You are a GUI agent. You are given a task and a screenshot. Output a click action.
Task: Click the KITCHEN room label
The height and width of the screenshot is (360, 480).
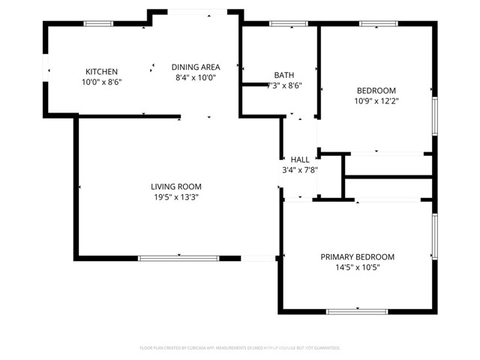click(101, 71)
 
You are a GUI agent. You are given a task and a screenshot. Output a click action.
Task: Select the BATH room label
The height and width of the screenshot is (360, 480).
click(284, 75)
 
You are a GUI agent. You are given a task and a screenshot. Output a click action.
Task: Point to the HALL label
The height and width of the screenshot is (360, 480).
click(300, 160)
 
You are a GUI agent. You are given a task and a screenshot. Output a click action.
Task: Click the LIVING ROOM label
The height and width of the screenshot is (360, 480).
click(176, 187)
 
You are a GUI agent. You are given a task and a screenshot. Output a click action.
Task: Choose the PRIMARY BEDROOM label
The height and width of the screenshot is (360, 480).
click(358, 256)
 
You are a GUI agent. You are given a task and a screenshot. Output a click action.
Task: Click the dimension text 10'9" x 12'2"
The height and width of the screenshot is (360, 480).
click(376, 100)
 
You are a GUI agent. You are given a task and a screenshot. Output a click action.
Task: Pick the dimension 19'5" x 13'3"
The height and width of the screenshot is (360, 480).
click(176, 197)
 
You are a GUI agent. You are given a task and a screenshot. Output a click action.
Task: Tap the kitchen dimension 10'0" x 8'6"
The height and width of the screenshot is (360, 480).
click(101, 81)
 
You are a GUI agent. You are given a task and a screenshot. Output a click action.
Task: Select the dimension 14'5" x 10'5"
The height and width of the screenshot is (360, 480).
click(358, 267)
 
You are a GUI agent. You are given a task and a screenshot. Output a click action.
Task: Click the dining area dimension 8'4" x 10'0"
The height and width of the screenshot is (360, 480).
click(195, 78)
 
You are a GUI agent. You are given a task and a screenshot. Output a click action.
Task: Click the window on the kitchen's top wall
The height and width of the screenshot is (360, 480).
click(97, 24)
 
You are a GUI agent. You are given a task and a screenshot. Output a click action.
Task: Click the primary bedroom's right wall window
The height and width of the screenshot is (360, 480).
click(433, 236)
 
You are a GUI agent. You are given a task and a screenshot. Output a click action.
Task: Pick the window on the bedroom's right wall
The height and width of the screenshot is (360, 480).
click(433, 116)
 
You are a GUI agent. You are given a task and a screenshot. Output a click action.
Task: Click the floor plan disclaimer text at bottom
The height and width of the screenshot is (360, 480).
click(240, 348)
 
